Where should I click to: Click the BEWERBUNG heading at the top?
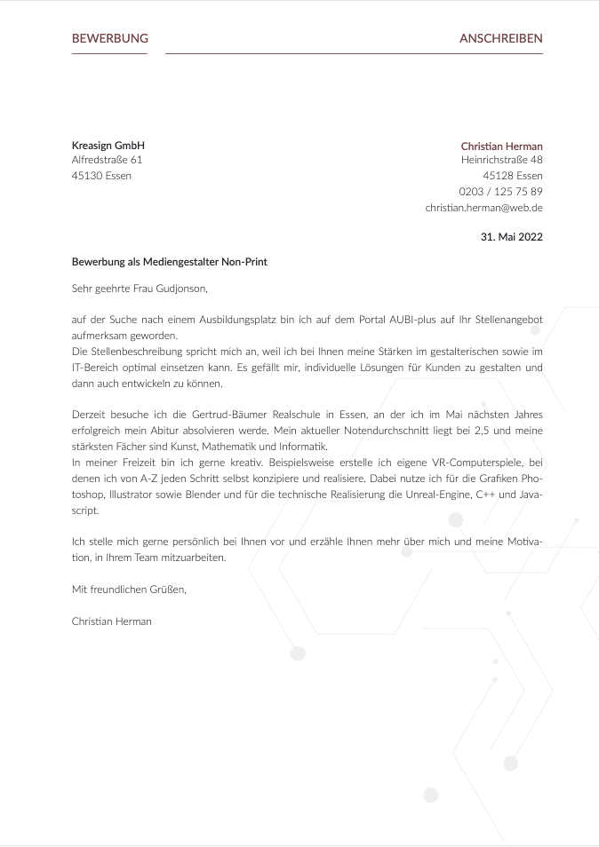tap(109, 39)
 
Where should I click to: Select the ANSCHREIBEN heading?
tap(500, 39)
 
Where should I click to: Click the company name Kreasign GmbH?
tap(108, 146)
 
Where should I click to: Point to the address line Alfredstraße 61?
tap(107, 161)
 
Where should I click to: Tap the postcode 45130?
tap(86, 176)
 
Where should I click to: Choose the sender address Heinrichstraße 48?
tap(501, 161)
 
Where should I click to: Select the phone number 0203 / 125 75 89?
tap(500, 192)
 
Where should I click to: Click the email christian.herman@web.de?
tap(483, 208)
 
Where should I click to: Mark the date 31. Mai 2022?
tap(511, 237)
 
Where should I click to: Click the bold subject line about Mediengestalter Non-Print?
tap(169, 263)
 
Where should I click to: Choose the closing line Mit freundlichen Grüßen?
tap(129, 590)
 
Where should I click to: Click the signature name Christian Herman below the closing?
tap(111, 621)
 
